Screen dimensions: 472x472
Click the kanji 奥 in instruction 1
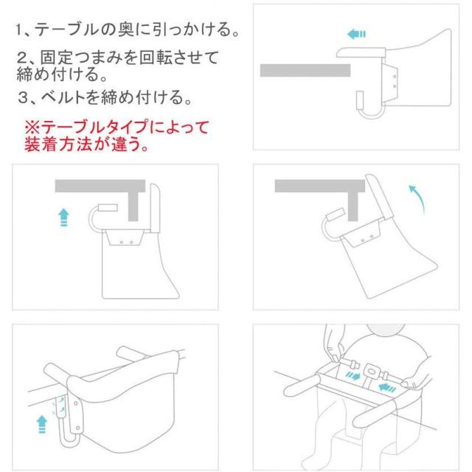(x=125, y=29)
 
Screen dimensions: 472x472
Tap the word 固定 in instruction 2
(x=57, y=58)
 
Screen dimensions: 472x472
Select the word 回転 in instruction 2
(x=156, y=58)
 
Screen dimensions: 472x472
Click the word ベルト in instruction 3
(x=63, y=97)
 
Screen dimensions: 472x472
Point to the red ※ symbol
(x=32, y=128)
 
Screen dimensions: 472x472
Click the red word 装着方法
(x=58, y=145)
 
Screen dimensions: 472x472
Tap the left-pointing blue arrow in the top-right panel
(x=356, y=34)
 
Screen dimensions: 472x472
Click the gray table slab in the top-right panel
(x=305, y=71)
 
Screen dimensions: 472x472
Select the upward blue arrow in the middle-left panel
(x=64, y=218)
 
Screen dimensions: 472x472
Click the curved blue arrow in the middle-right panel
(x=417, y=198)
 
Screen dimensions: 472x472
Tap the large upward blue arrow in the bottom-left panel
(x=42, y=424)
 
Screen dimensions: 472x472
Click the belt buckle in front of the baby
(x=372, y=372)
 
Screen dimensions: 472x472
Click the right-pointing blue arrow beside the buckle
(x=353, y=375)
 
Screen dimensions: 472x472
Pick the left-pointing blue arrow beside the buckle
(x=387, y=388)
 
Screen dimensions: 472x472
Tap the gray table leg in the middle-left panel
(x=133, y=206)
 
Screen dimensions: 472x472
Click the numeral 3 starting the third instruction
(x=23, y=98)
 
